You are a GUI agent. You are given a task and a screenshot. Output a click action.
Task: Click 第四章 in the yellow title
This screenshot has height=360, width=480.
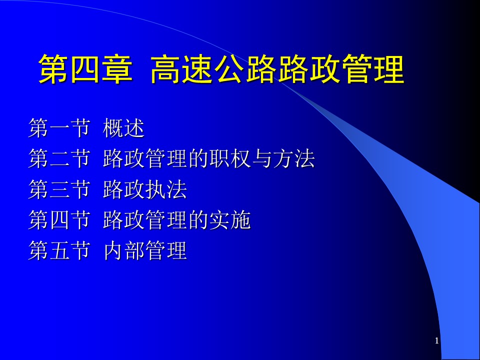pyautogui.click(x=85, y=69)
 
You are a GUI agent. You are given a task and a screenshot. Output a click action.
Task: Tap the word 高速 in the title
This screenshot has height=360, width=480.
pyautogui.click(x=182, y=69)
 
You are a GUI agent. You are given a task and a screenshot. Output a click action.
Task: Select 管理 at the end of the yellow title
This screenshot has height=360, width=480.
pyautogui.click(x=372, y=69)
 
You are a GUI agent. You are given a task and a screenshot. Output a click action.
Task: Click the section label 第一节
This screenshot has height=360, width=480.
pyautogui.click(x=59, y=128)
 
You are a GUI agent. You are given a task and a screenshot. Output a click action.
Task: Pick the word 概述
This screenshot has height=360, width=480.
pyautogui.click(x=123, y=128)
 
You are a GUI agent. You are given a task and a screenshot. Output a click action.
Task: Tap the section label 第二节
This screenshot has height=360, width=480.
pyautogui.click(x=59, y=158)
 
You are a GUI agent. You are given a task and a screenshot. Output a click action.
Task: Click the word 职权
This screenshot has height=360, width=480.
pyautogui.click(x=230, y=158)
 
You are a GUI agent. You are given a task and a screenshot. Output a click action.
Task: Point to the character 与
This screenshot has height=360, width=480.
pyautogui.click(x=261, y=158)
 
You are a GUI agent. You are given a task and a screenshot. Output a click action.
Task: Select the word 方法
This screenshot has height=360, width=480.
pyautogui.click(x=294, y=158)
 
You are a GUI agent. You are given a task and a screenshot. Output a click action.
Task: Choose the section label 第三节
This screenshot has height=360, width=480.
pyautogui.click(x=59, y=189)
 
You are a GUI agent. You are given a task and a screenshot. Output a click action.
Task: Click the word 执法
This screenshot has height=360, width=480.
pyautogui.click(x=166, y=189)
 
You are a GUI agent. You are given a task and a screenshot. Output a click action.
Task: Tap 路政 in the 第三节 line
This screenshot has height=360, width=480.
pyautogui.click(x=123, y=189)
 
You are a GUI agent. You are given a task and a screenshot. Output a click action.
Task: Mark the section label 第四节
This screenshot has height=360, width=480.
pyautogui.click(x=59, y=220)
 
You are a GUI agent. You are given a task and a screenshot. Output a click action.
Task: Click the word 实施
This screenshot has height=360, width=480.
pyautogui.click(x=230, y=220)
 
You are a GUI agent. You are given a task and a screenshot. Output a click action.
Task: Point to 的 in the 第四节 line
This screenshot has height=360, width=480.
pyautogui.click(x=198, y=220)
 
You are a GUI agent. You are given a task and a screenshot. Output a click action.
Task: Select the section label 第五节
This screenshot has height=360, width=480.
pyautogui.click(x=59, y=250)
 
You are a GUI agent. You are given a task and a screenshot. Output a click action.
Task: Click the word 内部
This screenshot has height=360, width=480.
pyautogui.click(x=123, y=250)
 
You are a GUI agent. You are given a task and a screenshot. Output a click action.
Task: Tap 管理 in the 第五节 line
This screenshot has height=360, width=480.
pyautogui.click(x=166, y=250)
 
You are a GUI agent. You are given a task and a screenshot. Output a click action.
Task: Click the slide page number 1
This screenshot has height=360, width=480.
pyautogui.click(x=437, y=340)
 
